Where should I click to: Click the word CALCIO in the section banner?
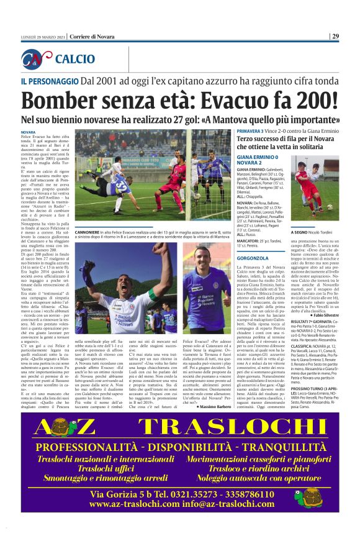(x=75, y=59)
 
